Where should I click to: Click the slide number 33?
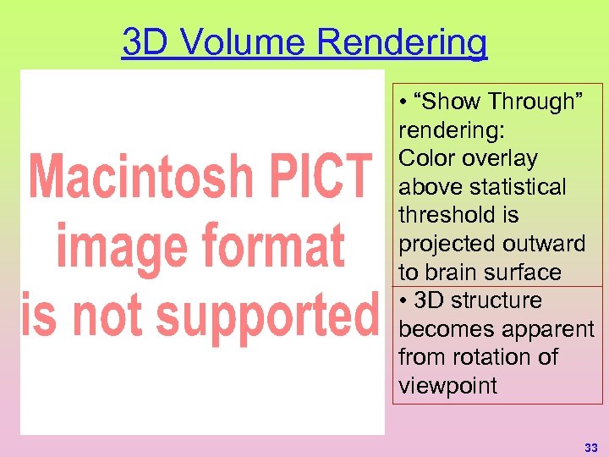coord(590,447)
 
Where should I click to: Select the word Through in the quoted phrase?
coord(529,102)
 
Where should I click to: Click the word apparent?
coord(546,329)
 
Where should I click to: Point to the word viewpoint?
coord(448,386)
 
